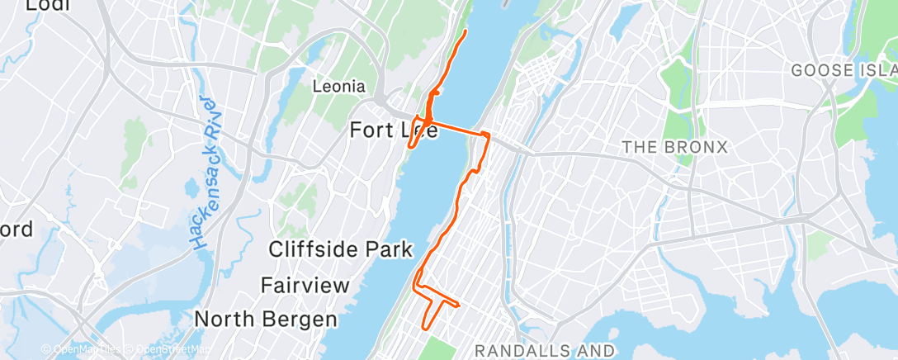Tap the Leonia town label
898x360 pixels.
tap(339, 86)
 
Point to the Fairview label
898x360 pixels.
tap(300, 286)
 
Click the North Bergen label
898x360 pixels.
tap(266, 319)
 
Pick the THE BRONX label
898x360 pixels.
tap(675, 148)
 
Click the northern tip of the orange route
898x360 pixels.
tap(466, 31)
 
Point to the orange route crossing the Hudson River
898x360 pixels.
tap(455, 130)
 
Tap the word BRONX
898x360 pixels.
tap(699, 148)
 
